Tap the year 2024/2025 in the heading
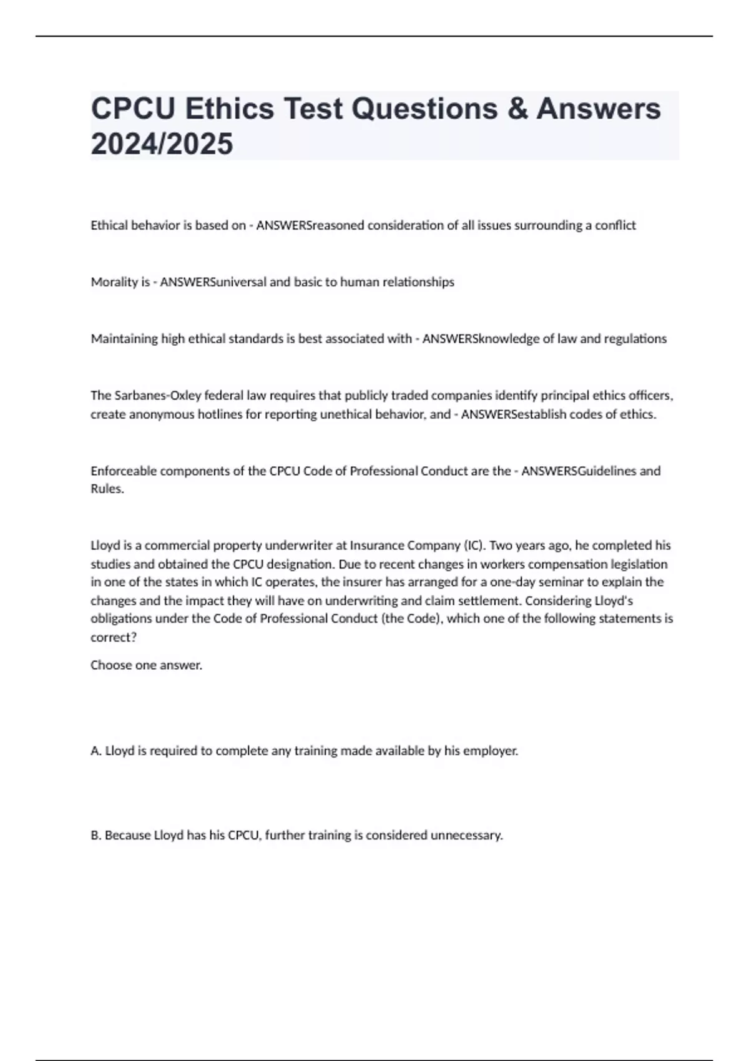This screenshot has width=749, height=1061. point(162,144)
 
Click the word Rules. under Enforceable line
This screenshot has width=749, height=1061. point(107,489)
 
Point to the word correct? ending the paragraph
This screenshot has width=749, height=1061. point(114,637)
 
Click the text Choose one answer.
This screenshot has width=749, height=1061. point(146,665)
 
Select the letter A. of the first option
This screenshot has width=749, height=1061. point(96,751)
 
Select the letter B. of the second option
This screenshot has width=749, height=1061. point(96,835)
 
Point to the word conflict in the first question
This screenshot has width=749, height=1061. point(615,225)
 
